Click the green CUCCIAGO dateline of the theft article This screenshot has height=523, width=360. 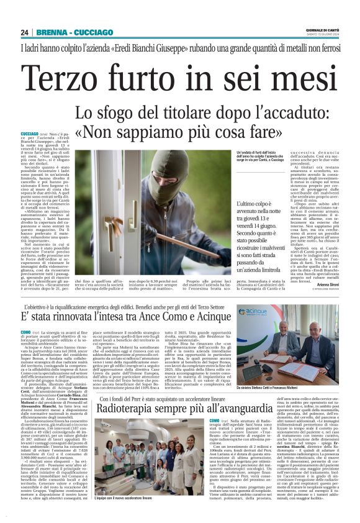point(29,134)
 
